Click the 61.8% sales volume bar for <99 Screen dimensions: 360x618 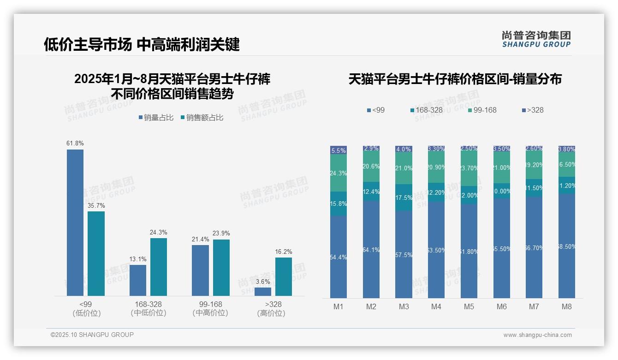[75, 222]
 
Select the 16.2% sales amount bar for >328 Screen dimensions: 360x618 [284, 276]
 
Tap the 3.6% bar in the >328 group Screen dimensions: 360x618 [263, 291]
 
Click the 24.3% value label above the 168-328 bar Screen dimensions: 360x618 [159, 232]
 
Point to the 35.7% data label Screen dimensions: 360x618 [96, 205]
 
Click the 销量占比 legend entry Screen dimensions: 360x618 [156, 118]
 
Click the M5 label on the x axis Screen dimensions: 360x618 [469, 307]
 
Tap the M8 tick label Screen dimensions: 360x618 [567, 307]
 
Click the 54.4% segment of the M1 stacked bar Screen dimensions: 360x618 [339, 257]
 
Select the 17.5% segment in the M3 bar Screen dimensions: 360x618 [404, 198]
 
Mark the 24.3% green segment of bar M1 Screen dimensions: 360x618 [339, 173]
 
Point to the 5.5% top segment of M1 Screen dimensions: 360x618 [339, 150]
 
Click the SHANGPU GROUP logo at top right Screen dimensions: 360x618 [536, 39]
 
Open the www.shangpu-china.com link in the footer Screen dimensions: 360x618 [537, 335]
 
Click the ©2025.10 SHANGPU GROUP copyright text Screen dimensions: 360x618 [92, 335]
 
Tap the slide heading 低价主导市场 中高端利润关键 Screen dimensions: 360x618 [142, 45]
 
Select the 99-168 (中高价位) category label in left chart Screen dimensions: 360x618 [210, 309]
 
